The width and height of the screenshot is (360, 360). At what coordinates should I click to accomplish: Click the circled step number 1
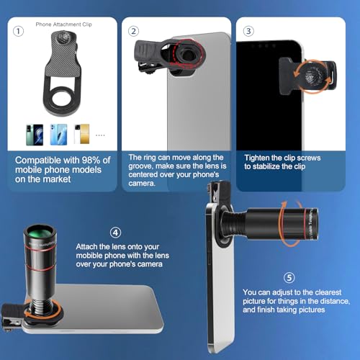click(18, 31)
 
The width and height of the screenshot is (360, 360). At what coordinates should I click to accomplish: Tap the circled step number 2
click(134, 31)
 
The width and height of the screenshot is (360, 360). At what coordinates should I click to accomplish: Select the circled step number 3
click(249, 31)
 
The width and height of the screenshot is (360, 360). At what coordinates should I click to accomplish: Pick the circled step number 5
click(289, 278)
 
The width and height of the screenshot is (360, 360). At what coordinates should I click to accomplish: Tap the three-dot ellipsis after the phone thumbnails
click(99, 134)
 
